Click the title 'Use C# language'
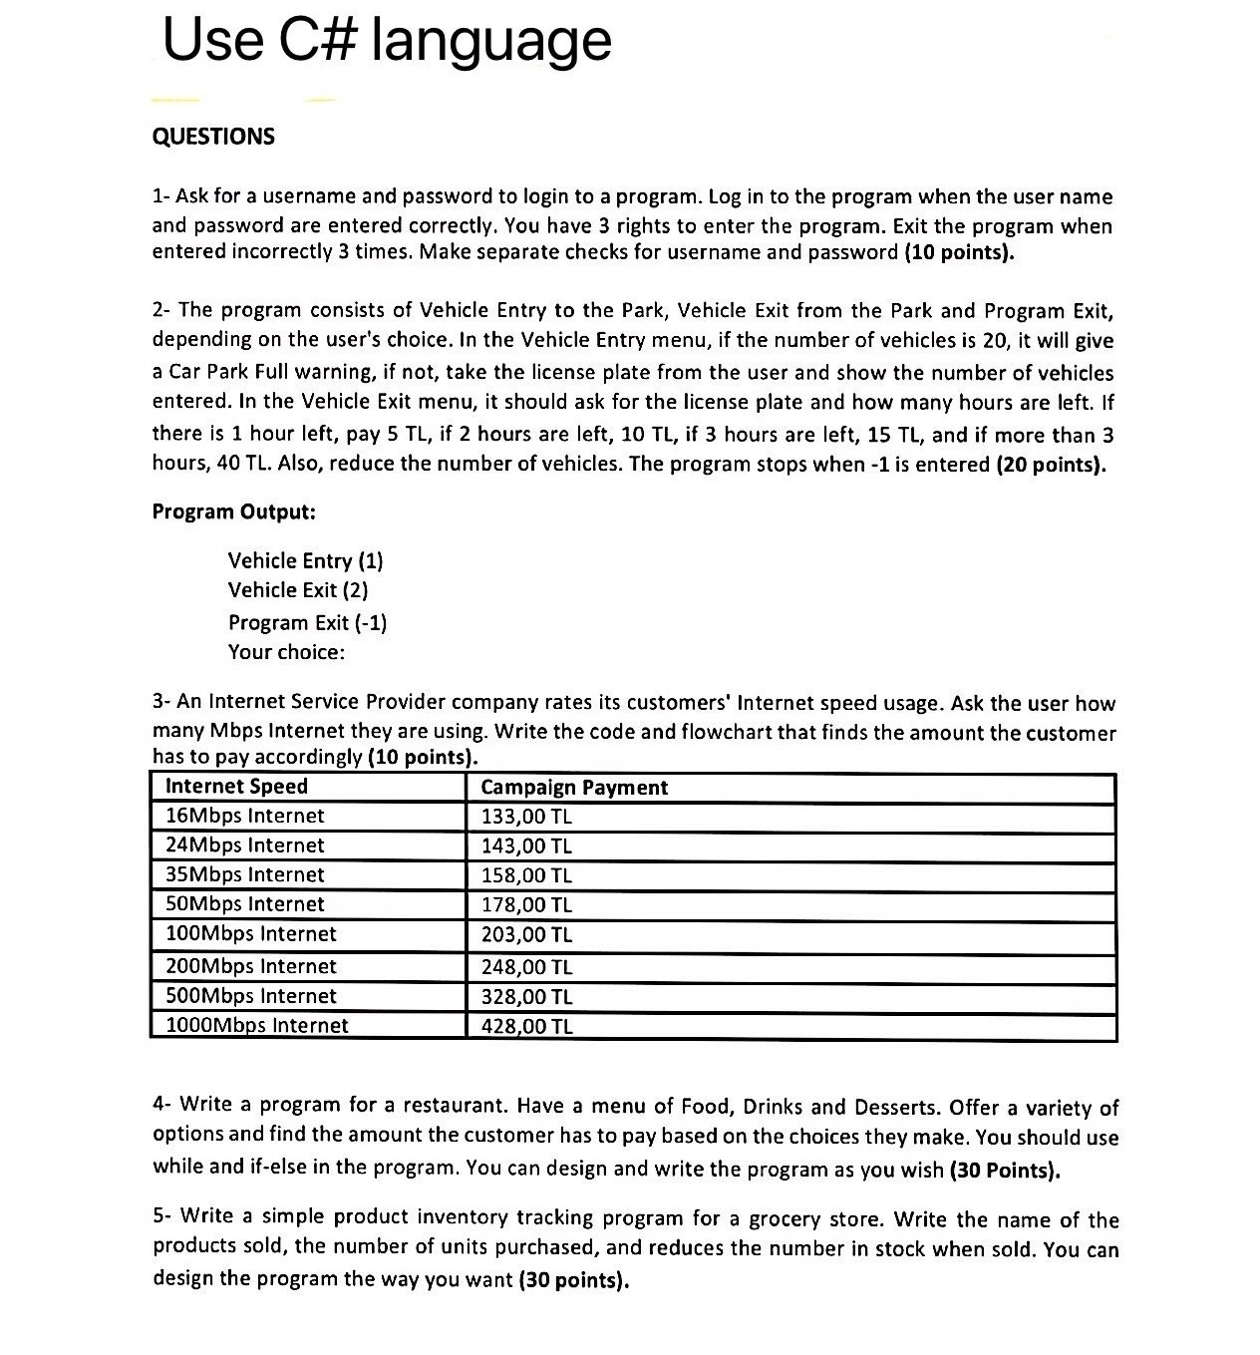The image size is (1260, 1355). coord(387,42)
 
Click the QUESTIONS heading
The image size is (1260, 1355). coord(213,137)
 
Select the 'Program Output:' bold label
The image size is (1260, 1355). coord(233,511)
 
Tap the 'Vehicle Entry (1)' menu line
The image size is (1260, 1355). coord(305,560)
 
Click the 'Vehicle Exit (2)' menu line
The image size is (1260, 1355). coord(298,590)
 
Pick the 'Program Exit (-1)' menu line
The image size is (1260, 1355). coord(307,622)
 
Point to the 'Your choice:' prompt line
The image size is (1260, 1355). coord(286,652)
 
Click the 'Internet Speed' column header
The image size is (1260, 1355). coord(236,787)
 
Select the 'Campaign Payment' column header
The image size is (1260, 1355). coord(574,788)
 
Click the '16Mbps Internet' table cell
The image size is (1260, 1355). coord(244,816)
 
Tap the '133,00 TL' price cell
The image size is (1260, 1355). coord(526,817)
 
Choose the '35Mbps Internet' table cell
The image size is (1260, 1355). coord(244,874)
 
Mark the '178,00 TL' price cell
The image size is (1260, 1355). coord(526,905)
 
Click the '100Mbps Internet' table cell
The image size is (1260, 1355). coord(250,934)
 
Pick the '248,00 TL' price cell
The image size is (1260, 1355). coord(526,966)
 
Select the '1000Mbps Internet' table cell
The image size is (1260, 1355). coord(256,1025)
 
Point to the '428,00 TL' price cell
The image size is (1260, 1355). coord(526,1026)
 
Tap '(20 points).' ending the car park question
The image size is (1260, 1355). coord(1052,465)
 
